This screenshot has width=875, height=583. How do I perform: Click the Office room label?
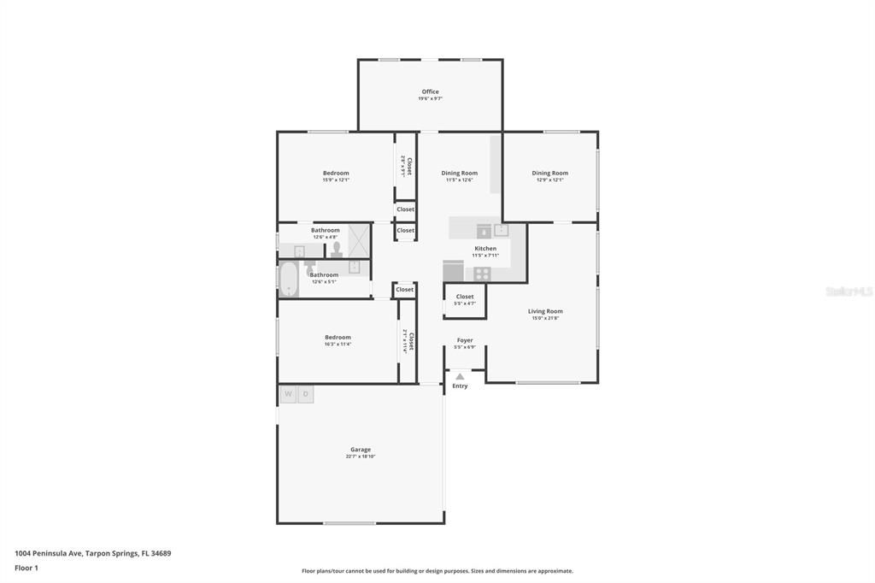pos(430,91)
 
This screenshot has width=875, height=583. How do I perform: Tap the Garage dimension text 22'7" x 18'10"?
pos(360,456)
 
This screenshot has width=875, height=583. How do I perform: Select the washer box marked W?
pos(288,394)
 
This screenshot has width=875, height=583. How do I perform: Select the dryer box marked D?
pos(305,394)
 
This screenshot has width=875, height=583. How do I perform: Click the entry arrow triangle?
pos(460,376)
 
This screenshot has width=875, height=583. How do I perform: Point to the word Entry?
pos(460,386)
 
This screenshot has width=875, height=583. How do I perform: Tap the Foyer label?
pos(465,340)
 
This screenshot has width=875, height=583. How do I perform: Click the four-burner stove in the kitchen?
pos(483,274)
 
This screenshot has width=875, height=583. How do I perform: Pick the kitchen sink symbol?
pos(502,230)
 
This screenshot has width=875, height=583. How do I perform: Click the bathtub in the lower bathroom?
pos(289,280)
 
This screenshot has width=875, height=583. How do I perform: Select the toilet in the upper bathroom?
pos(337,250)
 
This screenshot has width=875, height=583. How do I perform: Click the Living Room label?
pos(545,311)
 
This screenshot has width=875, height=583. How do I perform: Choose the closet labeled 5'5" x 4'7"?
pos(465,300)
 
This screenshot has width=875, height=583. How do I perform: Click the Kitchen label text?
pos(484,249)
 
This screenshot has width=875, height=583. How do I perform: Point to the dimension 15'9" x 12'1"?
pos(336,180)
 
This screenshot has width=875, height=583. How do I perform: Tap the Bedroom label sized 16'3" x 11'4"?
pos(338,338)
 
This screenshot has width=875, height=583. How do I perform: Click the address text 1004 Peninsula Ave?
pos(49,553)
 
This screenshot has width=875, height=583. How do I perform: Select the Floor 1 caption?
pos(26,568)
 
